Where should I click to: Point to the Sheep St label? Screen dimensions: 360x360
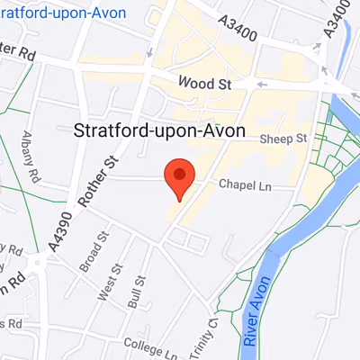click(x=283, y=139)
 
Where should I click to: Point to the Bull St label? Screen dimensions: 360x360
click(x=137, y=293)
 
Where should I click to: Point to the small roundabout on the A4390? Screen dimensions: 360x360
click(x=36, y=263)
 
